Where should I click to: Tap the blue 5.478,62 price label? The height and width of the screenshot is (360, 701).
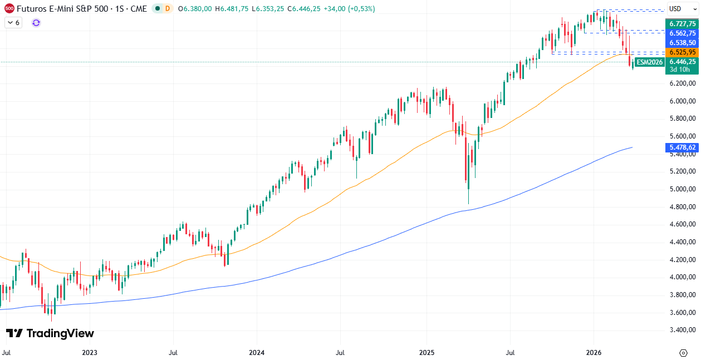tap(683, 147)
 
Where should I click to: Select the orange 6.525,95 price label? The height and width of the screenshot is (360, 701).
tap(683, 52)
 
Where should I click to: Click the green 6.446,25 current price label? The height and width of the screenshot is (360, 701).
tap(683, 62)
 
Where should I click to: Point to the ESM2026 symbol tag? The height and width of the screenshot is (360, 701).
tap(650, 62)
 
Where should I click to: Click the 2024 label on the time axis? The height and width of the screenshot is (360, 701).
tap(257, 353)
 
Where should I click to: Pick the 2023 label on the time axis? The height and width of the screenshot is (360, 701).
tap(89, 353)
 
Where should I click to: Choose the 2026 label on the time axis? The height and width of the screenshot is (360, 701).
tap(594, 353)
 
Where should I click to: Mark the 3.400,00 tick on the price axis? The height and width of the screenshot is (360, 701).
tap(683, 330)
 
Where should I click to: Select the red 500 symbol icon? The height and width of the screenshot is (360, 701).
tap(9, 9)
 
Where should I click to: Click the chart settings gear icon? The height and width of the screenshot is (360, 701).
tap(683, 353)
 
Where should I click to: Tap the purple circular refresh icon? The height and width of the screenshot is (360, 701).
tap(36, 23)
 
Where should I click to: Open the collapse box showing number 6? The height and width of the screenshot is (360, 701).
tap(13, 23)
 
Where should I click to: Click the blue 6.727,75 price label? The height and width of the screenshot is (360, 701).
tap(683, 24)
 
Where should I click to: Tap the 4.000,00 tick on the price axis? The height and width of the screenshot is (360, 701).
tap(683, 277)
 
